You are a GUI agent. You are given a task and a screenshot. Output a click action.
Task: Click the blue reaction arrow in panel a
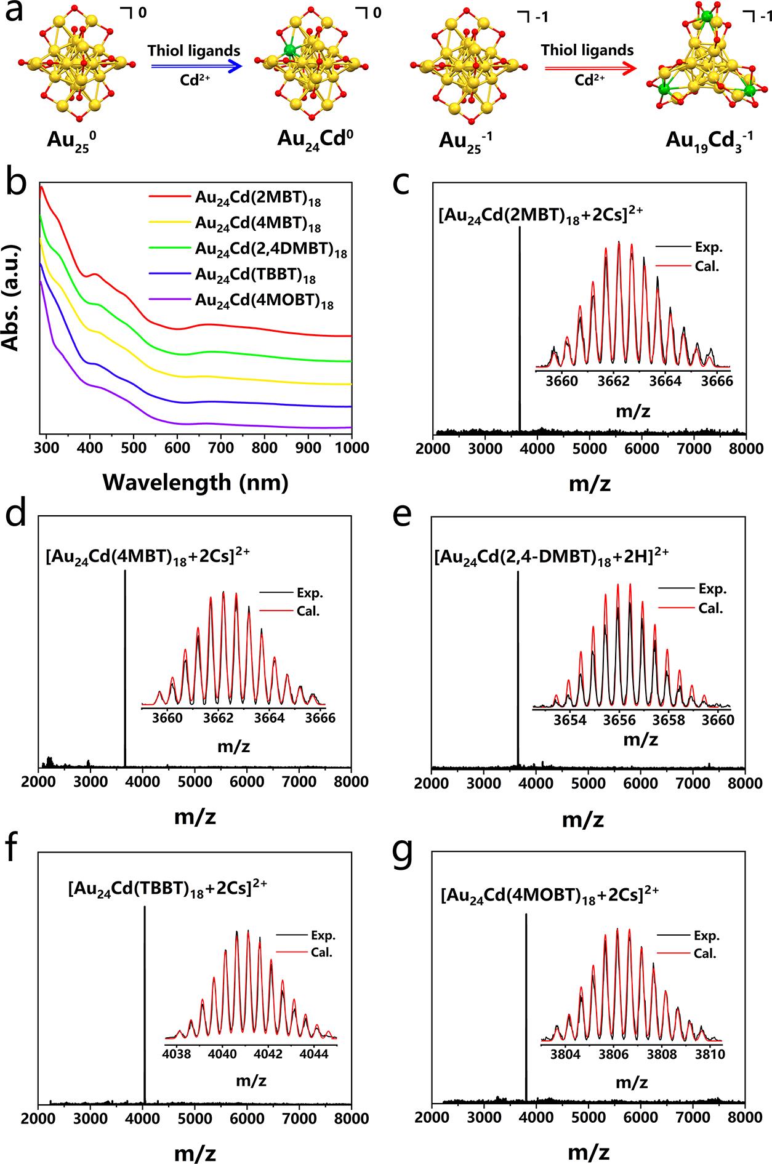[194, 69]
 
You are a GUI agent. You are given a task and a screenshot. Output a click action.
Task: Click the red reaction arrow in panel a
[588, 69]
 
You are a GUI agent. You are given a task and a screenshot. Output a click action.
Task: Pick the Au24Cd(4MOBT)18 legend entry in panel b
[264, 301]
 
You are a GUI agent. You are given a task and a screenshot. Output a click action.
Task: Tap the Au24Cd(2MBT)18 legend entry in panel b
[258, 199]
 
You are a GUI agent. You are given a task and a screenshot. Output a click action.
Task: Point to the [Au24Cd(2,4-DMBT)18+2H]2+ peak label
[551, 555]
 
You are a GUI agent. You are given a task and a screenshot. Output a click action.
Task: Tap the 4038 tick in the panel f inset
[177, 1053]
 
